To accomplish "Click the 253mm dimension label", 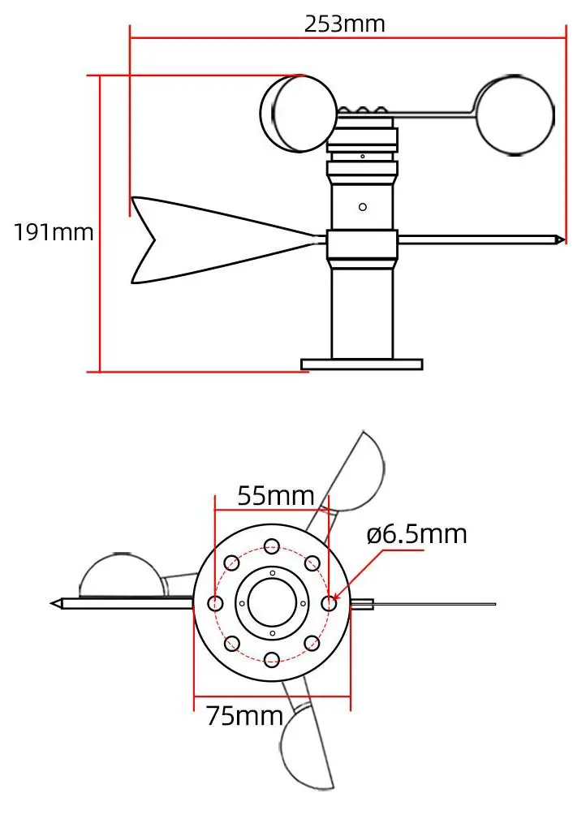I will tap(344, 24).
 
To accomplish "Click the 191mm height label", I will tap(54, 233).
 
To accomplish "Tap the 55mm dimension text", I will tap(275, 494).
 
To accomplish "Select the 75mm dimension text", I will tap(244, 716).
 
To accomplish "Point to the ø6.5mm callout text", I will tap(416, 535).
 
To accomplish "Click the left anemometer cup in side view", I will tap(297, 114).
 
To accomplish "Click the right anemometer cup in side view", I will tap(515, 114).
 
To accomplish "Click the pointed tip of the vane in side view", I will tap(561, 239).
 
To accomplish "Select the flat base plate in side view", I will tap(362, 364).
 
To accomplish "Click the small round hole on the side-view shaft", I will tap(363, 206).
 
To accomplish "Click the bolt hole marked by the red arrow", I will tap(329, 603).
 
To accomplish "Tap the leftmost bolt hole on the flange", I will tap(216, 603).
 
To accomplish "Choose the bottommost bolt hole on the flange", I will tap(272, 659).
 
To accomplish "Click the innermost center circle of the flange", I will tap(272, 603).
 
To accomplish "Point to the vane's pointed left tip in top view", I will tap(54, 603).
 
